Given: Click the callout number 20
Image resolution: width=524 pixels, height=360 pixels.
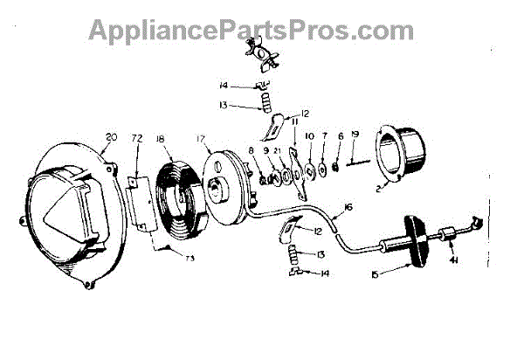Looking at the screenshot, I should [111, 136].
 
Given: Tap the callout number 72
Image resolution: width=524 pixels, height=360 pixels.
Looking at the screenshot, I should [136, 137].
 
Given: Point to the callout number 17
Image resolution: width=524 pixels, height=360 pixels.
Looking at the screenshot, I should [200, 137].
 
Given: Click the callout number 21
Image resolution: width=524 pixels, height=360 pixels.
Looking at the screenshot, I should [277, 151].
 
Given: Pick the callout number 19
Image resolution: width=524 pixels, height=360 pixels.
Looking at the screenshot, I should [355, 135].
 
